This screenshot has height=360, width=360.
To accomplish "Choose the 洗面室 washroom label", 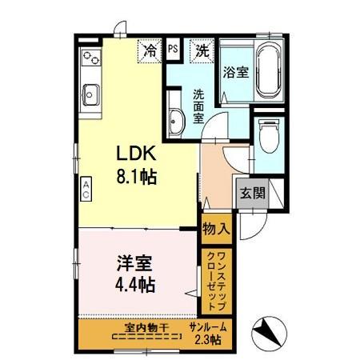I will tap(198, 105).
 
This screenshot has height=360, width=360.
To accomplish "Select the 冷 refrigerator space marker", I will tap(150, 50).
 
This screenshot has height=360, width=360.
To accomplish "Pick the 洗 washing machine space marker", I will tap(202, 50).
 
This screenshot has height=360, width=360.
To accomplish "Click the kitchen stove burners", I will tap(89, 58).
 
